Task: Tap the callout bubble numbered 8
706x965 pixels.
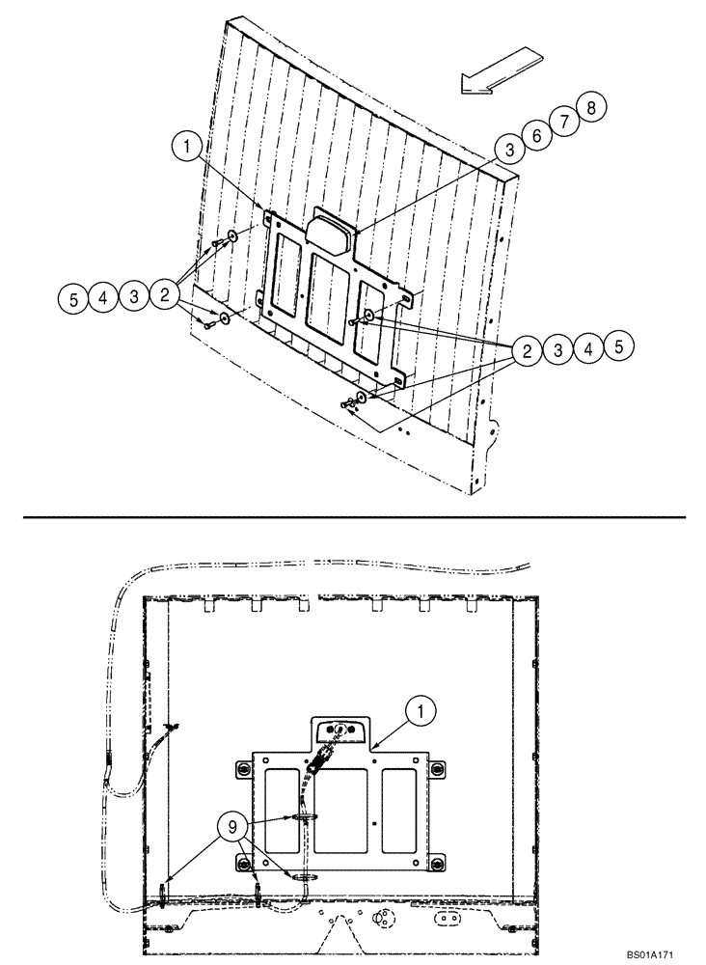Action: point(590,108)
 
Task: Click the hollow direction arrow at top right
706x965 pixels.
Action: point(498,73)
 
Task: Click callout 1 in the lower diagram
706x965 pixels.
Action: point(421,713)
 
